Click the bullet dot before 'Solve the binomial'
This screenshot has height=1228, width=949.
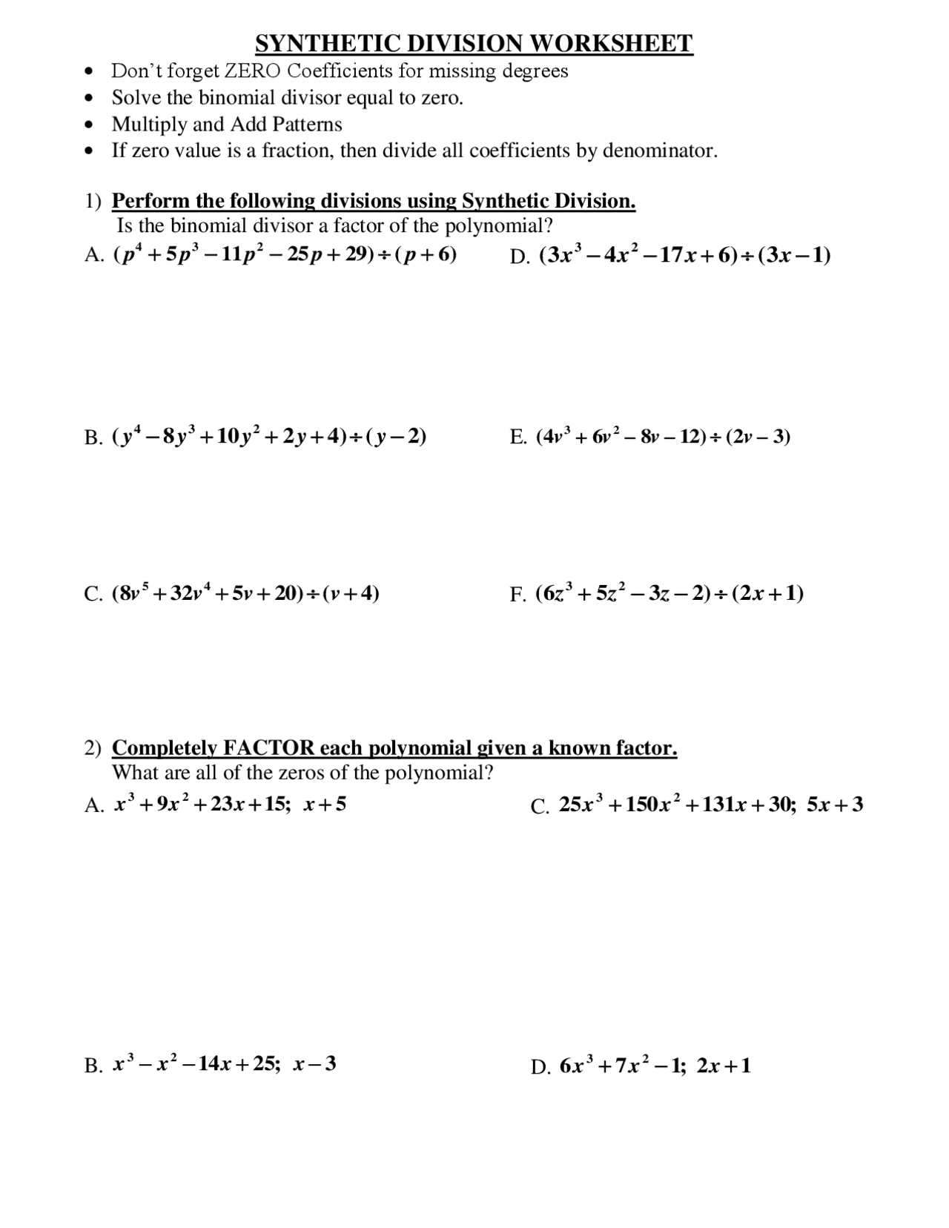(x=90, y=99)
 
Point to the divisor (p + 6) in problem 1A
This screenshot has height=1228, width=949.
(x=426, y=255)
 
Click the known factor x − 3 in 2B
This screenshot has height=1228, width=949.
(x=314, y=1064)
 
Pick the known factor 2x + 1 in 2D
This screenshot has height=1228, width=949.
(x=724, y=1066)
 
